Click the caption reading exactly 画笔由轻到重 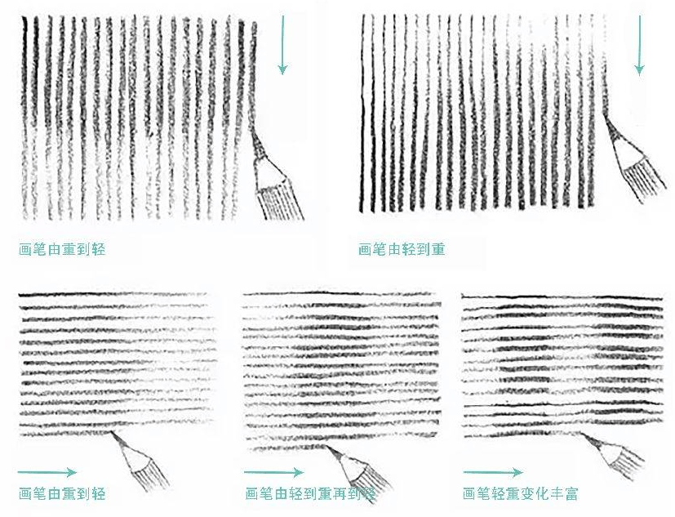pyautogui.click(x=402, y=249)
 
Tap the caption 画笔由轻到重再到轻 pyautogui.click(x=310, y=493)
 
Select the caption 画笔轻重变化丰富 pyautogui.click(x=520, y=493)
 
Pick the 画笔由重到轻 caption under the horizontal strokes pyautogui.click(x=62, y=493)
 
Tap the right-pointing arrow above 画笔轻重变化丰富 pyautogui.click(x=493, y=472)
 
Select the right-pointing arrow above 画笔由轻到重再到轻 pyautogui.click(x=273, y=472)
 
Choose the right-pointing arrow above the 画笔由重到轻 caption pyautogui.click(x=47, y=471)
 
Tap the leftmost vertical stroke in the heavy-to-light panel pyautogui.click(x=25, y=114)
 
